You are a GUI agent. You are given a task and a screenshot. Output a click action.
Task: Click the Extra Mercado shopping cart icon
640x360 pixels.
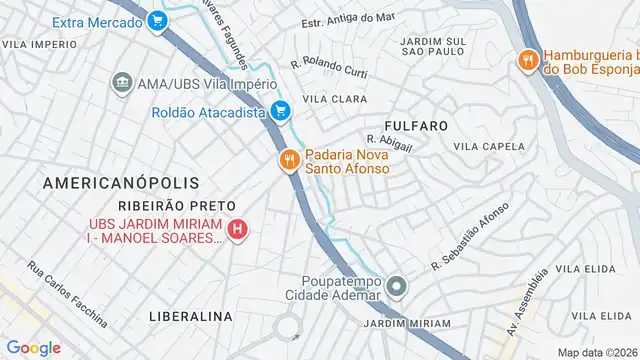coord(157,20)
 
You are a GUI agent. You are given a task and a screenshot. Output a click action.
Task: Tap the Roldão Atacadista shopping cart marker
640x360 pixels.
coord(281,112)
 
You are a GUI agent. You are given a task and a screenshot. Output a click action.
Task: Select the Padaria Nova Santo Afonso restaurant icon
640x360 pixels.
coord(289,160)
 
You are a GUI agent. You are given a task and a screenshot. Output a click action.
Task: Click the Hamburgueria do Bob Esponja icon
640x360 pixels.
coord(526,60)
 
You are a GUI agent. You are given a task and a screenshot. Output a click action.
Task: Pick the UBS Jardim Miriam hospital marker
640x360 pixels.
coord(237,230)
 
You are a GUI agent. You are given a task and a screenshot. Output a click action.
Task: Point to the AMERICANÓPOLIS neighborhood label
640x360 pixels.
coord(121,183)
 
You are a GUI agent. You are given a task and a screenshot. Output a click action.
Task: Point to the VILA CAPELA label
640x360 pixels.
coord(490,146)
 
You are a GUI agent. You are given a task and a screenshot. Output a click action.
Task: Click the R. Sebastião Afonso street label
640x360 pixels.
coord(470,237)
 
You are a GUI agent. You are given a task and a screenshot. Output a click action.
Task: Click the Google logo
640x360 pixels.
coord(34,348)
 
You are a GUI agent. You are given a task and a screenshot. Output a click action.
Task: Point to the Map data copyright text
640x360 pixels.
coord(598,352)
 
